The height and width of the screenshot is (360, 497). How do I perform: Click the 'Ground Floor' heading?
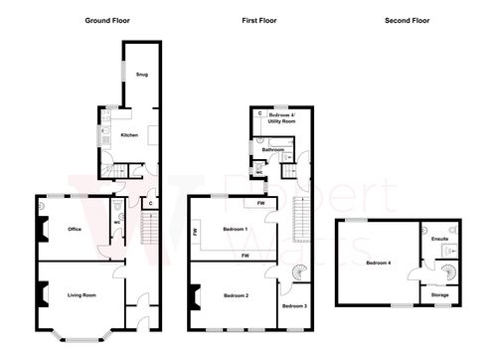(110, 20)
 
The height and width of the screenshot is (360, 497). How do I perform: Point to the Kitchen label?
(129, 133)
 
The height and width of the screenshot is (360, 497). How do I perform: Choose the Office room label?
(73, 229)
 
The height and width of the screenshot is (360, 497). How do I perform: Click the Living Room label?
(82, 294)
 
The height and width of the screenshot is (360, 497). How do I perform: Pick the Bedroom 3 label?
(294, 306)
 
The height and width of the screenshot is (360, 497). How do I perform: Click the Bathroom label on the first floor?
(273, 149)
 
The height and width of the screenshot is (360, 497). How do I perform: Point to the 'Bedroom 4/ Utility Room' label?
(283, 119)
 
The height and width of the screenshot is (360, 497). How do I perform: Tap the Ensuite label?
(438, 239)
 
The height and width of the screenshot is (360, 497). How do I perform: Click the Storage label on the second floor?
(438, 295)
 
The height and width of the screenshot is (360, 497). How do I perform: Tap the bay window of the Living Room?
(76, 336)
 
